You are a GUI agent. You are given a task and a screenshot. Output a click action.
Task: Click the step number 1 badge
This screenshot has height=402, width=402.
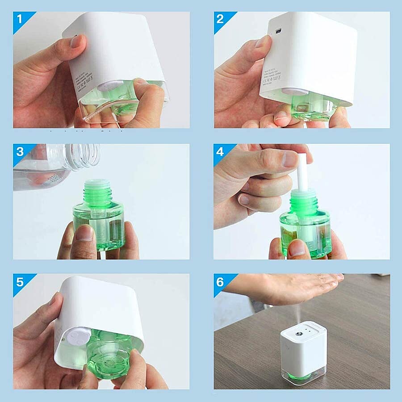(x=20, y=20)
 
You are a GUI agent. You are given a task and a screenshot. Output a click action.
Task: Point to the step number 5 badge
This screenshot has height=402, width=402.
(x=20, y=282)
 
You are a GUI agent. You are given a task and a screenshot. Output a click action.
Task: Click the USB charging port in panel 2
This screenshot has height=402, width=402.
(x=279, y=31)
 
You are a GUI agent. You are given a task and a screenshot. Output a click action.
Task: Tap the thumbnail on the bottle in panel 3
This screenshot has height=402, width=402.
(x=85, y=233)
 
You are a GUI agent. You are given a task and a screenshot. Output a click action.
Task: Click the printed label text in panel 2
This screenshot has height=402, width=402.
(x=271, y=73)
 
